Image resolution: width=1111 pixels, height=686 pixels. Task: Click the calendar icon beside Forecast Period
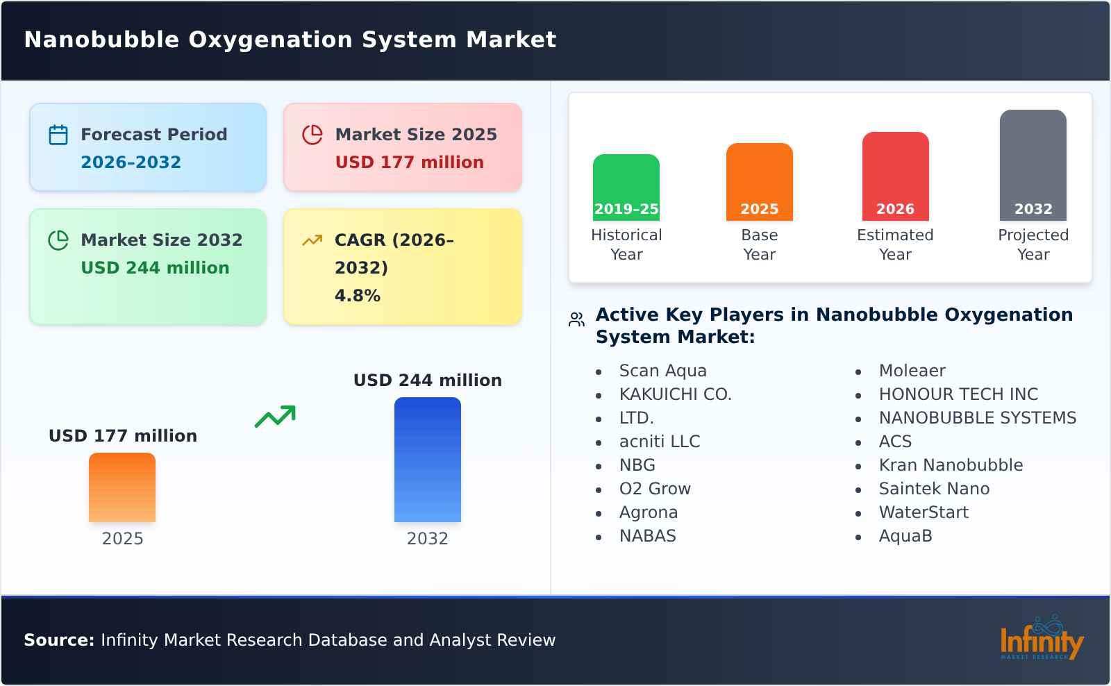click(58, 135)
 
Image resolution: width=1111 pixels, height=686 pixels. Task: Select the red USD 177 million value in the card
click(409, 162)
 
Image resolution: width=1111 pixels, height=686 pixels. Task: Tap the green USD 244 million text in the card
click(155, 268)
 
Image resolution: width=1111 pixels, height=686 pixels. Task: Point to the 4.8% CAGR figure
click(357, 296)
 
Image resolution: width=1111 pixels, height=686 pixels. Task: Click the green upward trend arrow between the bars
click(275, 417)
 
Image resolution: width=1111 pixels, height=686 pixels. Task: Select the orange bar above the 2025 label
click(122, 487)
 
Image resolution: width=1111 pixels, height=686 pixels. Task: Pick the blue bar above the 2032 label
click(427, 460)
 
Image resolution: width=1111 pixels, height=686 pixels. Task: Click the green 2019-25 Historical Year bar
click(626, 187)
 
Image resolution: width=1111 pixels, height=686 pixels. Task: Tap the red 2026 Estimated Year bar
click(895, 176)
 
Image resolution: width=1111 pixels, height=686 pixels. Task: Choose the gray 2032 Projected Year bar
click(1033, 165)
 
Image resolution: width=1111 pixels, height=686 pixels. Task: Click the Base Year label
click(759, 244)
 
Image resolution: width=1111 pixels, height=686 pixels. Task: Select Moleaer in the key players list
click(912, 371)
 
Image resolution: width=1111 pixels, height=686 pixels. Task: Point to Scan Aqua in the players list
click(662, 371)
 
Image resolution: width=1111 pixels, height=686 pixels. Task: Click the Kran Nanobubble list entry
click(951, 465)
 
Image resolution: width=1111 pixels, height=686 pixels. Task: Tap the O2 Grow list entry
click(655, 489)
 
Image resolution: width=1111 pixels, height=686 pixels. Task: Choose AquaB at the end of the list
click(905, 536)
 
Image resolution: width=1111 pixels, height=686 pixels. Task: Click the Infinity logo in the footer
click(1041, 639)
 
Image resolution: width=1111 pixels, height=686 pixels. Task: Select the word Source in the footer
click(58, 640)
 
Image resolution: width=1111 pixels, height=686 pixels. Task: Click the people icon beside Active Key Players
click(576, 319)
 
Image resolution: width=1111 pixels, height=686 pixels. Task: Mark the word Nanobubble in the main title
click(101, 40)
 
